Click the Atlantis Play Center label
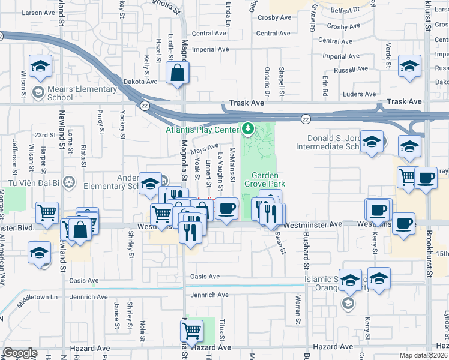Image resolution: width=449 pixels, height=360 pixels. pyautogui.click(x=202, y=128)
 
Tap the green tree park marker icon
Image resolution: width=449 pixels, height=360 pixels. pyautogui.click(x=247, y=128)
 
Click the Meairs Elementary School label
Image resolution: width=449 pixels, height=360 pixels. pyautogui.click(x=81, y=93)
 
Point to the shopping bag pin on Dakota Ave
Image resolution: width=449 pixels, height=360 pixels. pyautogui.click(x=178, y=75)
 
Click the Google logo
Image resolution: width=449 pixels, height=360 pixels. pyautogui.click(x=20, y=353)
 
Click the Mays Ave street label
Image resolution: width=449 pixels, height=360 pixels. pyautogui.click(x=205, y=146)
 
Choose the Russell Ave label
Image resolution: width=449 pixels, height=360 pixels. pyautogui.click(x=354, y=70)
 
